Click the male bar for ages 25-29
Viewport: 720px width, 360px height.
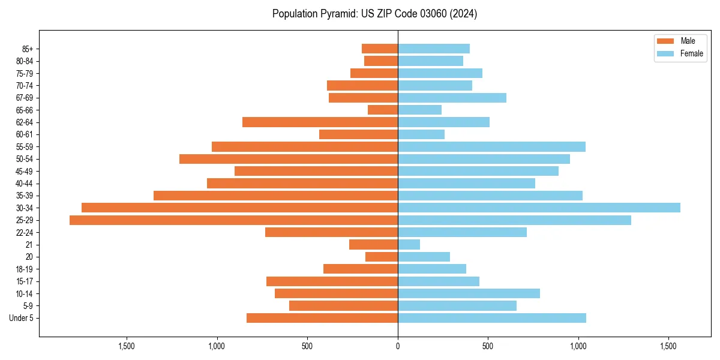[233, 220]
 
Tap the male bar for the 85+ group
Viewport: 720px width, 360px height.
[380, 49]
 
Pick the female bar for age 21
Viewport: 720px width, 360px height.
[409, 244]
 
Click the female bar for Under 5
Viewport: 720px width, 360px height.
[492, 318]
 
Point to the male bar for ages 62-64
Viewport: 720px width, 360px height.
[320, 122]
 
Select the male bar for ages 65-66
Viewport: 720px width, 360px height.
[383, 110]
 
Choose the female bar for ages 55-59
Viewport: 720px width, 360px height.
[491, 146]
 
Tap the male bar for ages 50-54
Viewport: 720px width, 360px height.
[289, 159]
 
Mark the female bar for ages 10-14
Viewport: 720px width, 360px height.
[469, 293]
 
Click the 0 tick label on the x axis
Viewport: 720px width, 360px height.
[398, 346]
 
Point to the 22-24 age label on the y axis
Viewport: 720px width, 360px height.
[24, 232]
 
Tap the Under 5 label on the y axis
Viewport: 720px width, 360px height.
[21, 318]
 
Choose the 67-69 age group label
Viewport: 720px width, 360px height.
[24, 98]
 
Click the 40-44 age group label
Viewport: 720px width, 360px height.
[24, 184]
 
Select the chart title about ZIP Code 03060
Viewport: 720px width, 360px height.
[374, 14]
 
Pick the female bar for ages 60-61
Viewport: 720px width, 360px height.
[421, 134]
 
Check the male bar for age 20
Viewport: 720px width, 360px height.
[382, 257]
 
